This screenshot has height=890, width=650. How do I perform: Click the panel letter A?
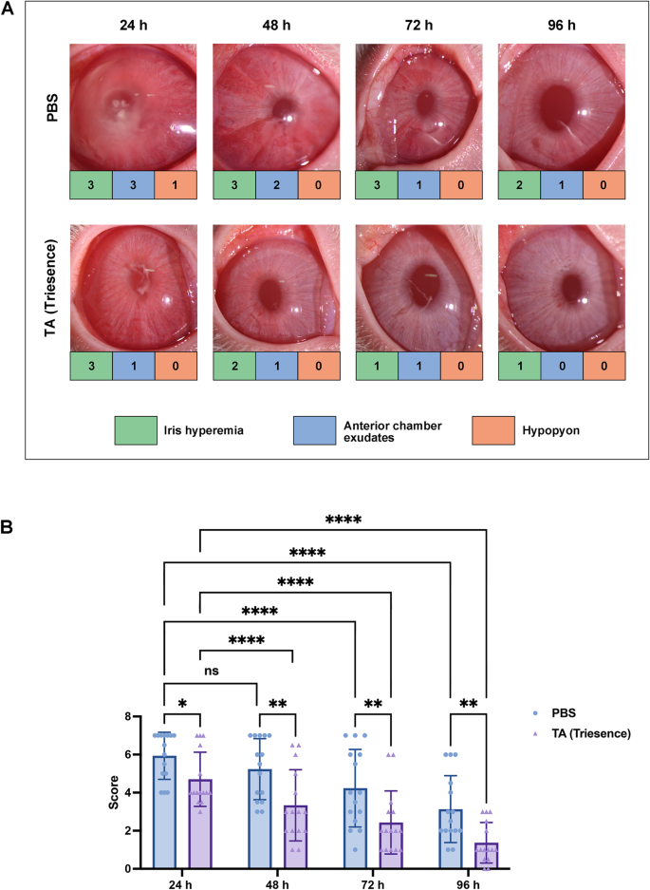click(x=8, y=9)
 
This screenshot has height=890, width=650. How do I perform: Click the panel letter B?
click(x=8, y=527)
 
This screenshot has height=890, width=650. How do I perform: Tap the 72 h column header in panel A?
click(x=418, y=25)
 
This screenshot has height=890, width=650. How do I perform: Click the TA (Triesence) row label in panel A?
click(x=51, y=288)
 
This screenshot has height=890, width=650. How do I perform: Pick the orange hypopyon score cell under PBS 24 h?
click(x=176, y=184)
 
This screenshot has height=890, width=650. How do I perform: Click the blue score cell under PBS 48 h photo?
click(x=277, y=184)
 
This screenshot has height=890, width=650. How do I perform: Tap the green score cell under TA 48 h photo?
click(x=234, y=366)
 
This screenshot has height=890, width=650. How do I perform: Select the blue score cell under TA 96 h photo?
click(x=562, y=366)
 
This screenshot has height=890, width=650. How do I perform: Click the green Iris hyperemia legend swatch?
click(x=136, y=430)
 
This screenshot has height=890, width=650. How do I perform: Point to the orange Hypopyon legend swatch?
click(x=493, y=430)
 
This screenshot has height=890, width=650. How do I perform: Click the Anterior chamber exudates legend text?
click(x=393, y=431)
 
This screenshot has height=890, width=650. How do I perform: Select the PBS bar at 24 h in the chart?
click(x=164, y=812)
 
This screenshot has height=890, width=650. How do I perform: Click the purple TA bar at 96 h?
click(x=487, y=856)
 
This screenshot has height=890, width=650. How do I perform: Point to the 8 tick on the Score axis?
click(x=129, y=717)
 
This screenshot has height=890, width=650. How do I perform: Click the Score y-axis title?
click(x=114, y=792)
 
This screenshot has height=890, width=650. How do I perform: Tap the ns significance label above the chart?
click(x=211, y=671)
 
